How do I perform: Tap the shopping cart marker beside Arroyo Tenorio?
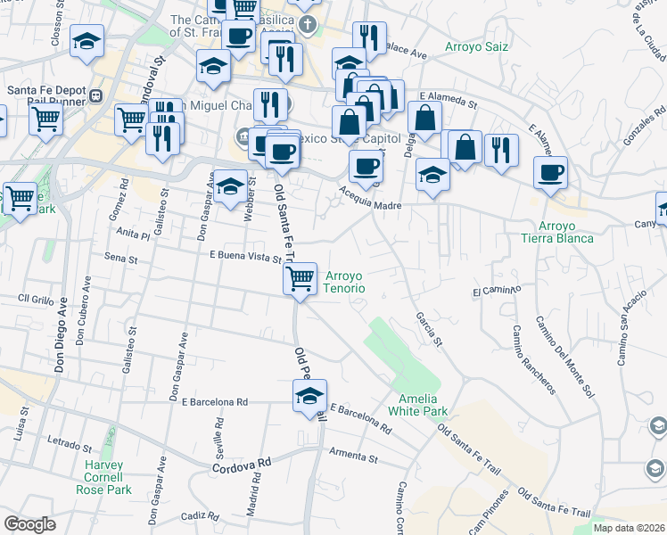301,278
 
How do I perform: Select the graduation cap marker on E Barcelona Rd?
309,397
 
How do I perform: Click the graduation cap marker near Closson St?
86,41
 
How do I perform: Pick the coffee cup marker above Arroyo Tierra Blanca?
550,172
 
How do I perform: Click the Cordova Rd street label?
241,466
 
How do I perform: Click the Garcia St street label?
428,328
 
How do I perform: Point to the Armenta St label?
353,456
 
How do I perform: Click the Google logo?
29,524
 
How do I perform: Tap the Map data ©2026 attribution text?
630,528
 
